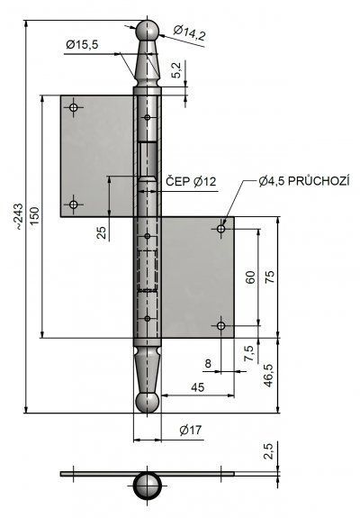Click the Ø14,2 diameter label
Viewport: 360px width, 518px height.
click(x=189, y=33)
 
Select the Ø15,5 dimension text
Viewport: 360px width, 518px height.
click(x=82, y=45)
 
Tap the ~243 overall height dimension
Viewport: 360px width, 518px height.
click(x=19, y=217)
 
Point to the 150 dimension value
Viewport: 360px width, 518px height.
click(x=34, y=215)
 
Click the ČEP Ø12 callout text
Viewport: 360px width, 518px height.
click(x=191, y=181)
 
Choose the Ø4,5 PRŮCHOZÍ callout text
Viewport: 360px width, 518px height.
click(x=303, y=181)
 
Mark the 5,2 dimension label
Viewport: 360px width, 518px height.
click(x=176, y=70)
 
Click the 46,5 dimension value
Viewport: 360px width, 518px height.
click(x=268, y=376)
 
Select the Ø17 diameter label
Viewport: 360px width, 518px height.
click(x=190, y=430)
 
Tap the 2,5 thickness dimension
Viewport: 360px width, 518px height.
click(x=268, y=451)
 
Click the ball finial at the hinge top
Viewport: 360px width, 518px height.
click(x=148, y=31)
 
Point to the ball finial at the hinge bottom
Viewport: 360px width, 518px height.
click(x=148, y=403)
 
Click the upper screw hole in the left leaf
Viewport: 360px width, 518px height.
click(x=73, y=107)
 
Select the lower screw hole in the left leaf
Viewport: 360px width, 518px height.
click(x=73, y=204)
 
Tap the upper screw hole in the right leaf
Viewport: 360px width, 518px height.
click(x=221, y=229)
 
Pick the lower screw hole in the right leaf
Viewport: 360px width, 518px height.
click(x=221, y=326)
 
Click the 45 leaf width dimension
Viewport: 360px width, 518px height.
click(x=197, y=387)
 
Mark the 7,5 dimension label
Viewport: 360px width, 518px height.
click(x=250, y=353)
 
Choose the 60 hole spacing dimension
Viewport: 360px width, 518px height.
click(x=250, y=277)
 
